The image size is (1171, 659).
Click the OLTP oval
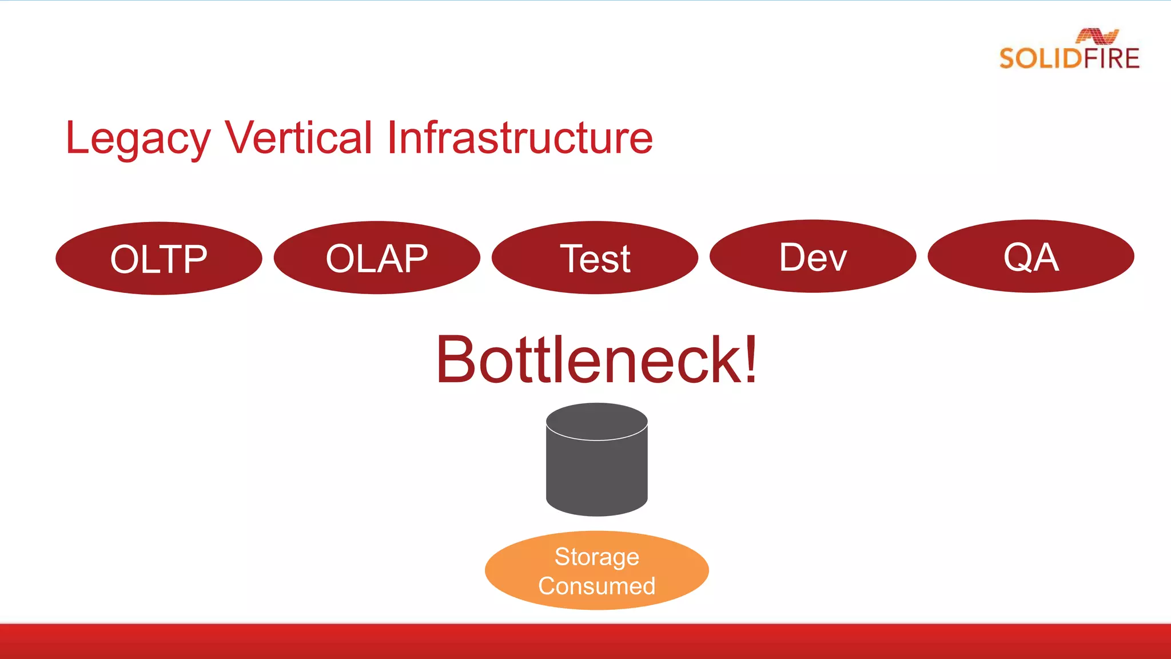click(158, 259)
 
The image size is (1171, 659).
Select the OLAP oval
click(377, 258)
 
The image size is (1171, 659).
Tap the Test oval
click(595, 258)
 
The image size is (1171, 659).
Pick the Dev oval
click(812, 257)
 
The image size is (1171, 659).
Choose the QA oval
click(1030, 256)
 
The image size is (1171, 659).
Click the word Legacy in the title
click(138, 138)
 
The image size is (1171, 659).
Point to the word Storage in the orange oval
click(596, 557)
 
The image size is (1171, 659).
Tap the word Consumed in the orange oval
click(596, 586)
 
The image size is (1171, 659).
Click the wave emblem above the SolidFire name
click(1097, 36)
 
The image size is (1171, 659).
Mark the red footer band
click(585, 642)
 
